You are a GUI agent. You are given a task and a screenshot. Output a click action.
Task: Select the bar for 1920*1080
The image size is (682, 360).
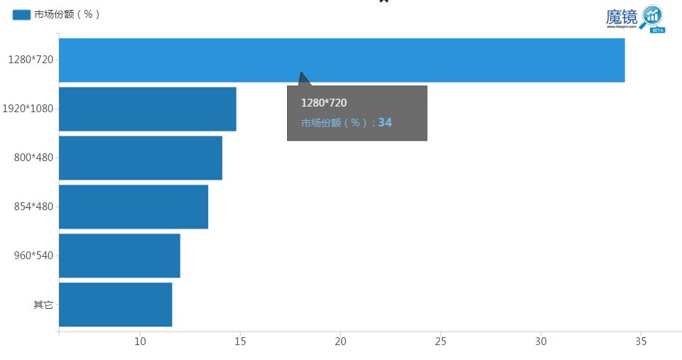point(147,109)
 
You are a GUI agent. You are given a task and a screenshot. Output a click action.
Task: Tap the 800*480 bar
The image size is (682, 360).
point(140,158)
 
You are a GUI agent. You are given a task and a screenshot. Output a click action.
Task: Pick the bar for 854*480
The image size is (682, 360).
point(133,207)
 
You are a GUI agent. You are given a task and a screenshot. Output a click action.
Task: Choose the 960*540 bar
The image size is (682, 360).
point(119,256)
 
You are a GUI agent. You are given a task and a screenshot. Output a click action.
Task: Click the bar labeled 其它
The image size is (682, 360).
point(115,305)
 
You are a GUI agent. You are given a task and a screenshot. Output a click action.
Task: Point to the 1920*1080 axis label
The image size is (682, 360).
point(28,109)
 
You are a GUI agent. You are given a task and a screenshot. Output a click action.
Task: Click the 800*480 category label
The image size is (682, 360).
point(33,158)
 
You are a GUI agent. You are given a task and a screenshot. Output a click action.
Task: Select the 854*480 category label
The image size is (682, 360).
point(33,207)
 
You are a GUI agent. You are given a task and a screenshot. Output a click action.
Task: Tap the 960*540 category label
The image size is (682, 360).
point(33,256)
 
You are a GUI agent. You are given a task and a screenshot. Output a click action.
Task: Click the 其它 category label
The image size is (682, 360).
point(43,305)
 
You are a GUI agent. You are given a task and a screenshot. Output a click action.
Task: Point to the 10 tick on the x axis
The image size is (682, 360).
point(140,342)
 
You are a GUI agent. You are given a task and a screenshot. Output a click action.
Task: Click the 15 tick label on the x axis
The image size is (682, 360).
point(240,342)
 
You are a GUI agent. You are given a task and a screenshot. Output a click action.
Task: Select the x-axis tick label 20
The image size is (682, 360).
point(340,342)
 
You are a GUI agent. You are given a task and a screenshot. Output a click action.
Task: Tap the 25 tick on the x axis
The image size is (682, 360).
point(440,342)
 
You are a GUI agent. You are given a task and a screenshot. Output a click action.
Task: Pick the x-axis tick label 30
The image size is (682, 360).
point(541,342)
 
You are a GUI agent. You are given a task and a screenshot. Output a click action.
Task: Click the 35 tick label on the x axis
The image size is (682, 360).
point(642,342)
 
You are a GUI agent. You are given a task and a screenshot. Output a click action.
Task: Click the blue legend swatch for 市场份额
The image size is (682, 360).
point(22,14)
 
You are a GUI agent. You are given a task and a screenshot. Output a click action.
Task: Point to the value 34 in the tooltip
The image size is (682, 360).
point(385,123)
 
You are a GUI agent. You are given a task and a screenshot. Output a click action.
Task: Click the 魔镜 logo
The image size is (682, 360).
point(634,18)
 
